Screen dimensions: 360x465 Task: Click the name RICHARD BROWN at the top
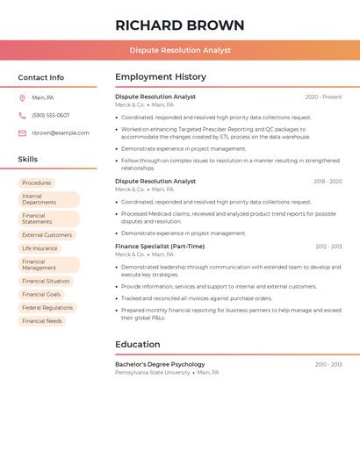[x=180, y=25]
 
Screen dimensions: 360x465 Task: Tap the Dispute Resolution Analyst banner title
[x=180, y=50]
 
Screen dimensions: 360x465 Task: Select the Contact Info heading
[x=41, y=77]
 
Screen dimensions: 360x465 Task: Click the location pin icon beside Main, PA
[x=22, y=97]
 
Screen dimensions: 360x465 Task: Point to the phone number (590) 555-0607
[x=51, y=115]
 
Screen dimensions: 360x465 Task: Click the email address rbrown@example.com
[x=61, y=132]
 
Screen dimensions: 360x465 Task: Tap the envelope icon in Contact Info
[x=22, y=132]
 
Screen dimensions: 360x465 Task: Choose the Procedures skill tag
[x=37, y=182]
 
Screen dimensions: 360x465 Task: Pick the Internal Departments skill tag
[x=48, y=199]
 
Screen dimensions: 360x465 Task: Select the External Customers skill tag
[x=47, y=235]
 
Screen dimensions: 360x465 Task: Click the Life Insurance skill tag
[x=40, y=248]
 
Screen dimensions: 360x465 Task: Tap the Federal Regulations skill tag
[x=47, y=308]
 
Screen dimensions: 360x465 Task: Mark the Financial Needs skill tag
[x=42, y=321]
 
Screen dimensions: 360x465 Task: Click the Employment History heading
[x=161, y=77]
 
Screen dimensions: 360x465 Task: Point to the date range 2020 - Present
[x=323, y=97]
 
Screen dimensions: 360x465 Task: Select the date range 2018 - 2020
[x=328, y=182]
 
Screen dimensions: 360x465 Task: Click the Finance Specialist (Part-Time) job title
[x=160, y=247]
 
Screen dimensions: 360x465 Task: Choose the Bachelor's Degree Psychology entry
[x=160, y=364]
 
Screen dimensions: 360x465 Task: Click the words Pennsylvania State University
[x=153, y=372]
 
